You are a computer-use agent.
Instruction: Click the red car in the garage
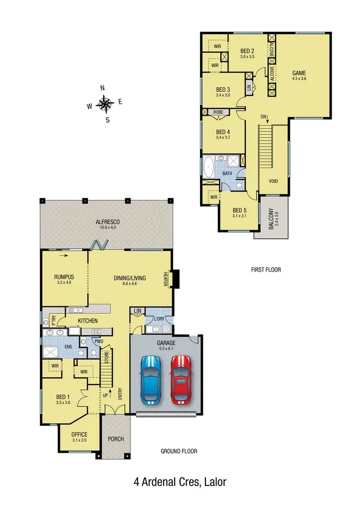coord(180,379)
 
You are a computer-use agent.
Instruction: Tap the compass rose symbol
coord(104,103)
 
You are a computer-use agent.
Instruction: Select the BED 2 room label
coord(247,51)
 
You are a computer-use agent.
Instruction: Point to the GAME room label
coord(300,73)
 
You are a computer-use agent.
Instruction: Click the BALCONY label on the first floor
coord(271,218)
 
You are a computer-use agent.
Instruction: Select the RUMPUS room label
coord(64,277)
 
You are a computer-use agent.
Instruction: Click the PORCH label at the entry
coord(116,439)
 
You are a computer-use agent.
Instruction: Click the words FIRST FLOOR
coord(266,270)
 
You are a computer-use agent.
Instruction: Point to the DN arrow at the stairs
coord(264,117)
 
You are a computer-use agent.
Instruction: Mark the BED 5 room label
coord(240,210)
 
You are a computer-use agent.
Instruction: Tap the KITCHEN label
coord(88,321)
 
